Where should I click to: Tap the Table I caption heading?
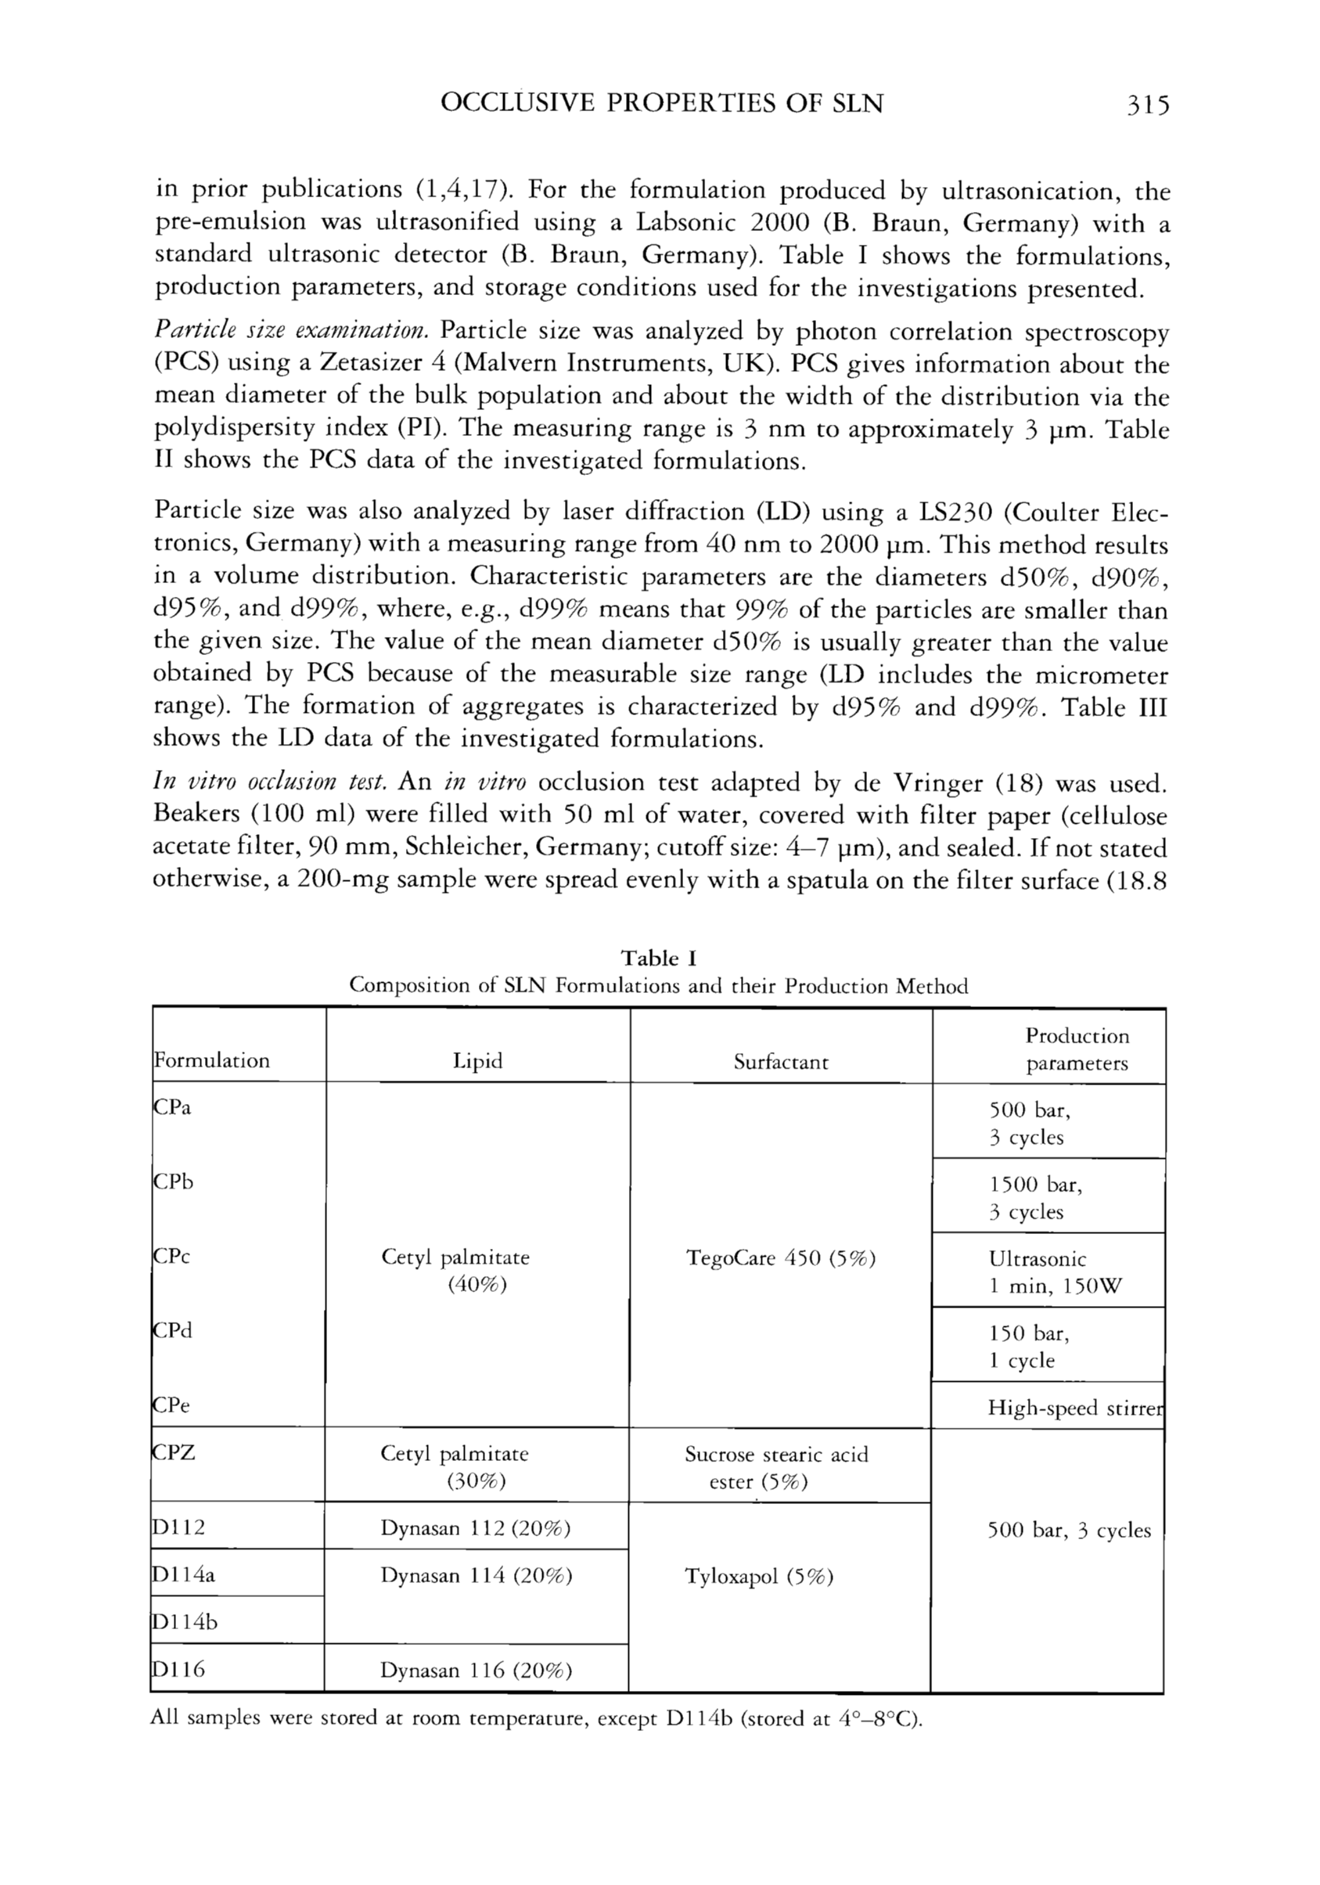tap(658, 958)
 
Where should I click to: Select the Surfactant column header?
tap(781, 1063)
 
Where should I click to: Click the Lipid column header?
tap(477, 1062)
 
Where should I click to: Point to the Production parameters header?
tap(1076, 1049)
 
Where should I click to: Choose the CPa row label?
tap(172, 1107)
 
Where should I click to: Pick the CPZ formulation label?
tap(174, 1452)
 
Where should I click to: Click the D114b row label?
tap(185, 1622)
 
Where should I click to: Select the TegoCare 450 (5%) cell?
tap(781, 1257)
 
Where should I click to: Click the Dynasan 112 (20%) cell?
tap(475, 1528)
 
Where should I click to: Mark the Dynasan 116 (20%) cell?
tap(475, 1670)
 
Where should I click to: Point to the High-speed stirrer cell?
tap(1076, 1408)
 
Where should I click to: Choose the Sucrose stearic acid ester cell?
tap(775, 1467)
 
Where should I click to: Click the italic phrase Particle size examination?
tap(291, 331)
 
